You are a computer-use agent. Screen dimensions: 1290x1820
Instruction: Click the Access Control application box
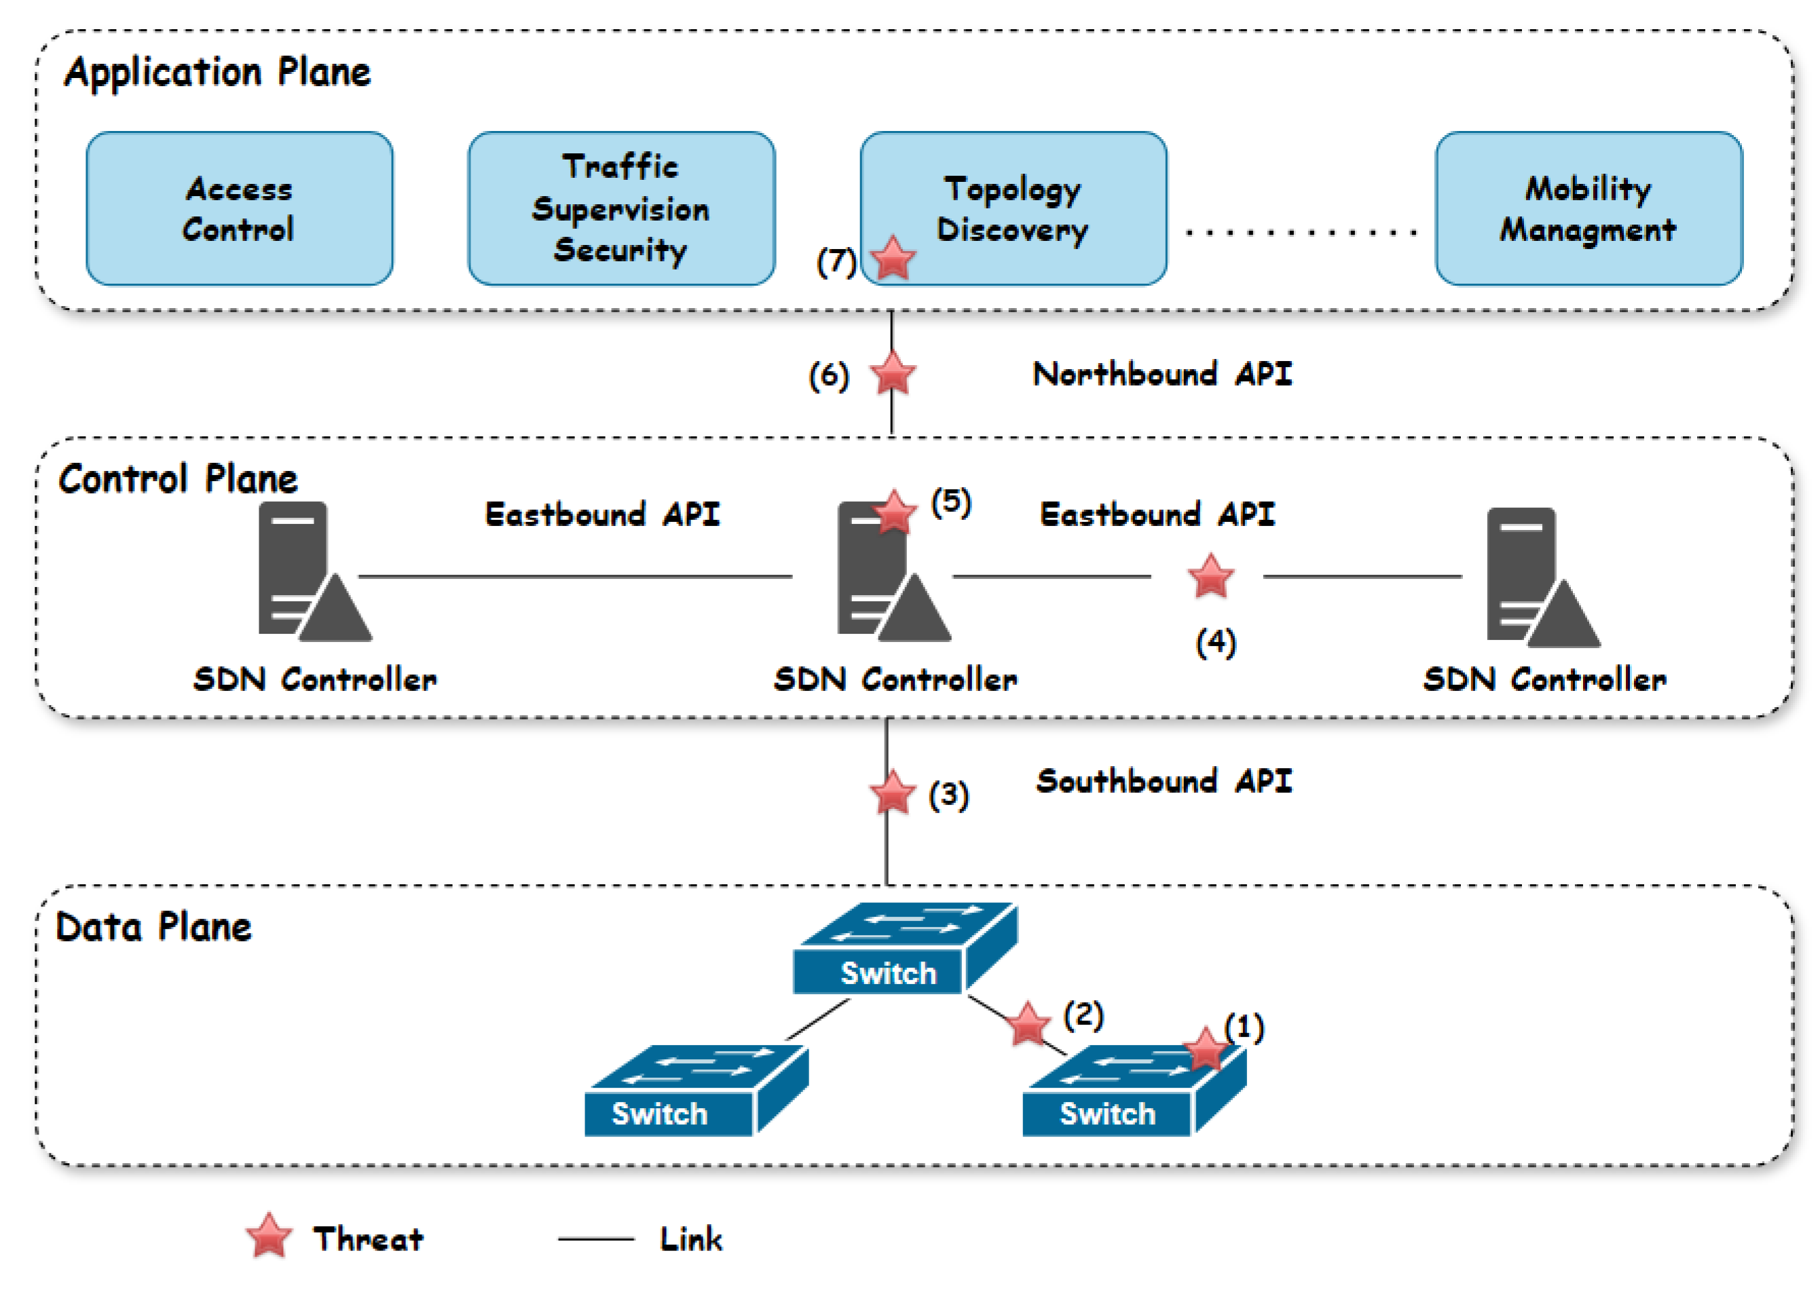click(239, 209)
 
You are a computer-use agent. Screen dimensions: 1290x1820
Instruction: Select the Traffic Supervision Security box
click(620, 209)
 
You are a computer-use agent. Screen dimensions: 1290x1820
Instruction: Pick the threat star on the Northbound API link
click(893, 373)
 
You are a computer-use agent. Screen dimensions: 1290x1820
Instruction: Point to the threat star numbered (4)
click(1210, 577)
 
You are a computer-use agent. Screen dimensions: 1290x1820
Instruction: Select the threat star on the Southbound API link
click(892, 793)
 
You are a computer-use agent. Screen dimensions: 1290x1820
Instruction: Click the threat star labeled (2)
click(1028, 1024)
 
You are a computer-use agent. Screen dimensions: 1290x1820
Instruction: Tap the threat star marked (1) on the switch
click(1205, 1049)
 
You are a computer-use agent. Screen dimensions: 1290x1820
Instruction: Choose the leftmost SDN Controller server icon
click(314, 571)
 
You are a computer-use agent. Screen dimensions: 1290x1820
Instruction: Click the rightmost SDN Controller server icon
click(1542, 577)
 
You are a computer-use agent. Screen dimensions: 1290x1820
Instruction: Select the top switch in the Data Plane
click(905, 949)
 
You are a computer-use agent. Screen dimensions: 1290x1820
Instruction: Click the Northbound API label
click(1162, 374)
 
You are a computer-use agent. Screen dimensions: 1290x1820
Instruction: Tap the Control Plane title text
click(178, 479)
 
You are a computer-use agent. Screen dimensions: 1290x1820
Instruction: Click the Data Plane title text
click(154, 927)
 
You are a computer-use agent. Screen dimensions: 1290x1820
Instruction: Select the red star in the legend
click(270, 1237)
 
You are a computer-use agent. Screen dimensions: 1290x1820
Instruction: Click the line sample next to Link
click(596, 1238)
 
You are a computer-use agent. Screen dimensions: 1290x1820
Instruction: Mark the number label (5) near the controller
click(951, 502)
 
